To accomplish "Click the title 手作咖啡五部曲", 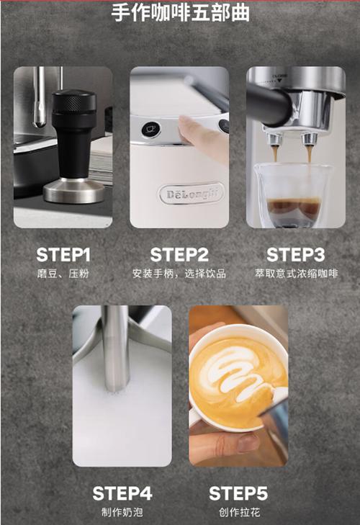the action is [x=180, y=13].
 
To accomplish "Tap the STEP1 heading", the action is [x=63, y=255].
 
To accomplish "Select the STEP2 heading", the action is [x=179, y=255].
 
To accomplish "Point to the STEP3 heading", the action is [x=296, y=255].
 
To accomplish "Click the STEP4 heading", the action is [x=122, y=493].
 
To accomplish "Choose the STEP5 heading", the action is [x=238, y=493].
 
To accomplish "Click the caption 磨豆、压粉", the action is [x=63, y=274].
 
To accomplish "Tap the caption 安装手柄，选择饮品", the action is [x=179, y=274].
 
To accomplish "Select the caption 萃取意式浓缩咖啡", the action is [x=296, y=274].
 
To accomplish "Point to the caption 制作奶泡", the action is [x=122, y=512].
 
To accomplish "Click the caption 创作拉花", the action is [x=239, y=512].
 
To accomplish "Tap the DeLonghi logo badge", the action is [x=191, y=194].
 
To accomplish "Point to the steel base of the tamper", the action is [x=74, y=191].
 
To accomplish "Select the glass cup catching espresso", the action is [x=293, y=194].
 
